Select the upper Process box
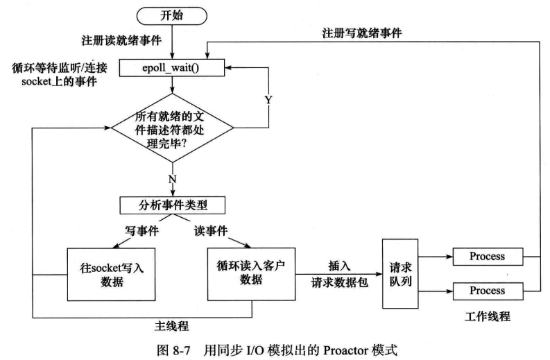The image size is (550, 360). click(x=486, y=257)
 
